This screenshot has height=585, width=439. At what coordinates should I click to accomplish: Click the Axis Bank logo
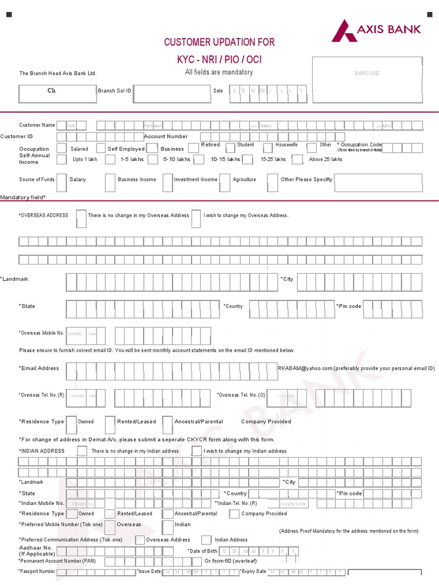[x=376, y=30]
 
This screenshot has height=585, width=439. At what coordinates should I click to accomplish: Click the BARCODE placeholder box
[x=367, y=73]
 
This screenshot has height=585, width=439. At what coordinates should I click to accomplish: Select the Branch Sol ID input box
[x=171, y=94]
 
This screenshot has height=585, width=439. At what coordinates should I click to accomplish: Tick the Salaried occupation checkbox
[x=62, y=149]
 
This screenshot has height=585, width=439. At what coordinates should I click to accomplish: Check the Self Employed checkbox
[x=101, y=148]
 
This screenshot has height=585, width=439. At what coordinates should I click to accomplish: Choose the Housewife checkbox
[x=268, y=147]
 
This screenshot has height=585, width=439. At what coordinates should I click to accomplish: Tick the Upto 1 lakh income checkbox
[x=62, y=159]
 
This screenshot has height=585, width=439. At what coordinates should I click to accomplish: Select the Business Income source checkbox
[x=110, y=182]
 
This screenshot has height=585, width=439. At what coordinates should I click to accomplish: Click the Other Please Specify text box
[x=378, y=183]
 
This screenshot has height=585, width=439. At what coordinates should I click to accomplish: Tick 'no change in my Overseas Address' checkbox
[x=81, y=218]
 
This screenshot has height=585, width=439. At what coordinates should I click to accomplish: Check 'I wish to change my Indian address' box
[x=196, y=451]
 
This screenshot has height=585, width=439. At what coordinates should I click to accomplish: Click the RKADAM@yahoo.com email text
[x=305, y=368]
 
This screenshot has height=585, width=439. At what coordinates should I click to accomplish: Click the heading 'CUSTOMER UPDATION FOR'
[x=219, y=42]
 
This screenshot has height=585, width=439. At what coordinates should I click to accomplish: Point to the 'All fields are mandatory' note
[x=218, y=72]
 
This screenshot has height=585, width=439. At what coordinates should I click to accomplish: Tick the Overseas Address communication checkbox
[x=139, y=540]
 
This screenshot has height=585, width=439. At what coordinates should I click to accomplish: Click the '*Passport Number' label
[x=37, y=571]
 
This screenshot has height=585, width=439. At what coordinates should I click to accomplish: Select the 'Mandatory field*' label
[x=23, y=197]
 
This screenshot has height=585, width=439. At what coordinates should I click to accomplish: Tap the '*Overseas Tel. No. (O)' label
[x=241, y=395]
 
